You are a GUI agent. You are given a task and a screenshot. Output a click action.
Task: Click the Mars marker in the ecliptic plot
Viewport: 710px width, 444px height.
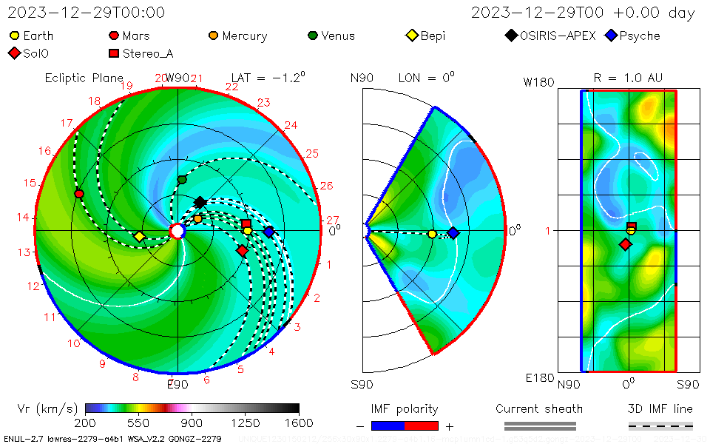tap(79, 194)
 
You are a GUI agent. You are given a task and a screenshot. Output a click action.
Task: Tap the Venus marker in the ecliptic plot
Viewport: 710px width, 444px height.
tap(182, 180)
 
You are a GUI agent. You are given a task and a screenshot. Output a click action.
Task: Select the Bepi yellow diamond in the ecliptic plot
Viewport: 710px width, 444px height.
tap(139, 237)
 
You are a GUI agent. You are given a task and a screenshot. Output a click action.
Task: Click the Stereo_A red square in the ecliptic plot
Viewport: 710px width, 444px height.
tap(246, 223)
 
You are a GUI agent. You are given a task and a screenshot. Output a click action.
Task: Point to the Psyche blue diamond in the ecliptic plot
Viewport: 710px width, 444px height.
tap(269, 232)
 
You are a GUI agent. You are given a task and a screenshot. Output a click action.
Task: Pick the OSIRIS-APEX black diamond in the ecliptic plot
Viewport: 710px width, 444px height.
tap(200, 202)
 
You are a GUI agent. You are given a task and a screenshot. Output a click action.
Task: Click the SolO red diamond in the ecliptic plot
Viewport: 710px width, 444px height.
tap(242, 250)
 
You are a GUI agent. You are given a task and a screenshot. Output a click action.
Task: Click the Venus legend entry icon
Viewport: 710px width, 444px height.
tap(313, 36)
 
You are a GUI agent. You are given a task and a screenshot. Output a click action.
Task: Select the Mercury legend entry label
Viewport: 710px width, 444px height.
tap(244, 36)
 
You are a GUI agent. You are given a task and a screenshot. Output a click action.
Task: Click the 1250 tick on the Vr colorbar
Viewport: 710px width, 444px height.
tap(246, 423)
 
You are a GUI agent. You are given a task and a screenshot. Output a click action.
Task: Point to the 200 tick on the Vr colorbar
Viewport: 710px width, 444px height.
tap(86, 423)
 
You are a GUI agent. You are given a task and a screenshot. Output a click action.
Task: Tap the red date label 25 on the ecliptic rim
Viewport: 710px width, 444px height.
tap(311, 154)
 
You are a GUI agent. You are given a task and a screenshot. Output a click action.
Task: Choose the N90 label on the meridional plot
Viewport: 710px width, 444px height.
tap(362, 78)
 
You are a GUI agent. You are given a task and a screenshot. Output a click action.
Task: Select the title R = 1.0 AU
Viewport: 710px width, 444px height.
tap(628, 78)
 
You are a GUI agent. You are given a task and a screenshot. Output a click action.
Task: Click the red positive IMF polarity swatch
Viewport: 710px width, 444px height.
tap(422, 425)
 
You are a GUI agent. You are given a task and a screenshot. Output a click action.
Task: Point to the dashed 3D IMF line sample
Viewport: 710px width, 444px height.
tap(660, 425)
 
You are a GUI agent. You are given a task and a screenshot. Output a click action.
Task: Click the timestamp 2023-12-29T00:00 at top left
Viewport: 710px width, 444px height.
tap(87, 13)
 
